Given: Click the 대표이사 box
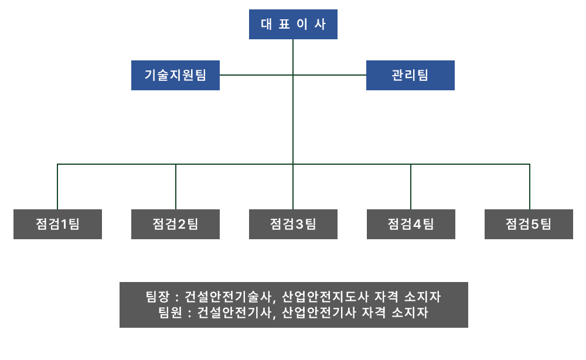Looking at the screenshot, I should [293, 25].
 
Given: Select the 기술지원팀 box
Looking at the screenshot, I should [175, 75].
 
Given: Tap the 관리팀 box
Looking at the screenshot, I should [410, 75].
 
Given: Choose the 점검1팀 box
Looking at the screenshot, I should [57, 224].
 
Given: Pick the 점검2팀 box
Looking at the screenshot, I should [175, 224].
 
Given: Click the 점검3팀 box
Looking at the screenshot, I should [293, 224].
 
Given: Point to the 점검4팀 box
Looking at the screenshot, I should [411, 224].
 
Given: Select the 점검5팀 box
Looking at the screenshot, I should [529, 224].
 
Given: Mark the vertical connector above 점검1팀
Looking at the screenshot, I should [57, 186].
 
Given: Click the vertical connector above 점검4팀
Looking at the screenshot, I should [411, 186].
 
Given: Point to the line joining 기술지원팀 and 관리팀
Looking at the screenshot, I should [258, 75].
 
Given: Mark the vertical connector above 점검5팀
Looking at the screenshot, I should [530, 186].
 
